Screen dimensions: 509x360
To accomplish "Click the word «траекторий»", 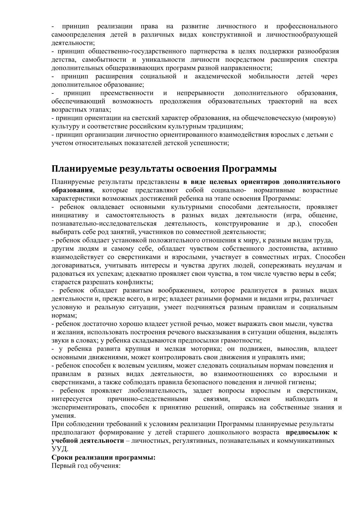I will (285, 101).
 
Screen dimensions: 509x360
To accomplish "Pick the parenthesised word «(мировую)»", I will (319, 118).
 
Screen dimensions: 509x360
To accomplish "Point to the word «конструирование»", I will (242, 224).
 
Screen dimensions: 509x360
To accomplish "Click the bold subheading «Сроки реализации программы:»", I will (103, 457).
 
